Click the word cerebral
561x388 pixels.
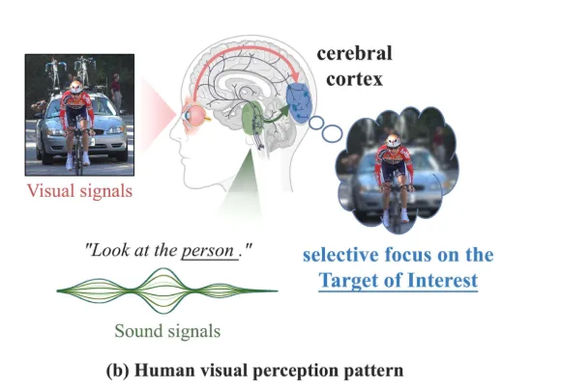[354, 53]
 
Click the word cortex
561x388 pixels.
[354, 79]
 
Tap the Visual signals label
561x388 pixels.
[79, 190]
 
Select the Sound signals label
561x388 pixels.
[167, 331]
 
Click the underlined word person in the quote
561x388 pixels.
[209, 251]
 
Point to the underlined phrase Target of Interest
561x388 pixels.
[398, 280]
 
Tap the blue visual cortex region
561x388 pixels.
[300, 102]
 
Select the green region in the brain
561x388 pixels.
[252, 117]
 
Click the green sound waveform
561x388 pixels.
[167, 291]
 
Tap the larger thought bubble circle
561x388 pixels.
[332, 133]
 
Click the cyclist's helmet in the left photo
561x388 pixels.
[76, 86]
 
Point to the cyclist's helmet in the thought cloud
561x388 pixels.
[394, 140]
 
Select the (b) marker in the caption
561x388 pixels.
[118, 371]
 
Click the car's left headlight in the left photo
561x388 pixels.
[53, 132]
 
